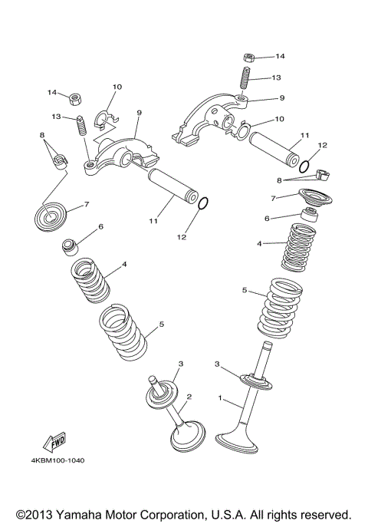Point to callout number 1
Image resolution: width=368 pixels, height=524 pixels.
coord(222,398)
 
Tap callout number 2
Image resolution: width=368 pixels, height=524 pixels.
coord(189,397)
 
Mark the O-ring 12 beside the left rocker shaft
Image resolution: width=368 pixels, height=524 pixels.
coord(203,204)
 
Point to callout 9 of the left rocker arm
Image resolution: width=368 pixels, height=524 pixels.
coord(139,112)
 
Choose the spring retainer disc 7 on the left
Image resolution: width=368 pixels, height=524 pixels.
coord(54,213)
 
